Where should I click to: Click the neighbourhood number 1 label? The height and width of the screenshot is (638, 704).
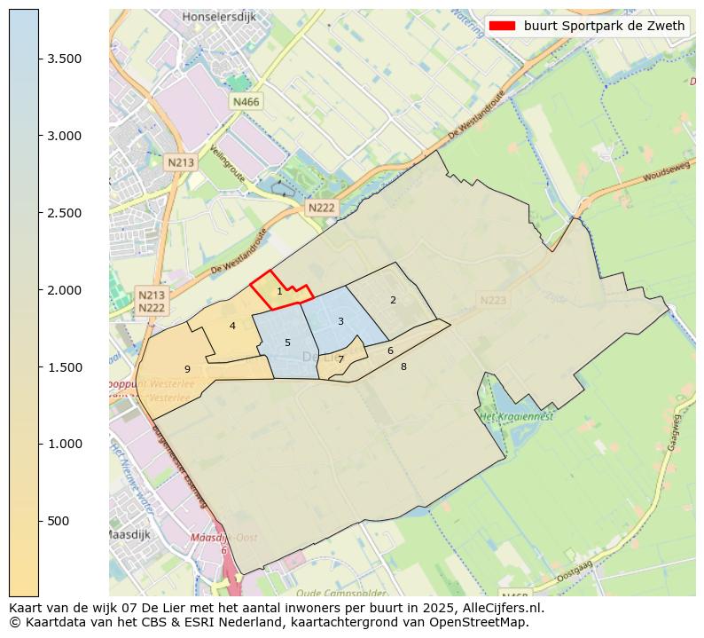click(x=279, y=291)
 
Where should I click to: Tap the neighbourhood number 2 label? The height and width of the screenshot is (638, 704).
click(x=393, y=300)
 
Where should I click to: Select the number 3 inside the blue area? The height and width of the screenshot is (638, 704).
click(x=340, y=321)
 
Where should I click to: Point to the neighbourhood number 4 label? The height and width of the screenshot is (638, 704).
click(x=232, y=326)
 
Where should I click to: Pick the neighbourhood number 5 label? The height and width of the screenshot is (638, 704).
click(x=287, y=343)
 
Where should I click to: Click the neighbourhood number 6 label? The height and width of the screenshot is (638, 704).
click(x=390, y=351)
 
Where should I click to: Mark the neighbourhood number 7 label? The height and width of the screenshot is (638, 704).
click(x=340, y=359)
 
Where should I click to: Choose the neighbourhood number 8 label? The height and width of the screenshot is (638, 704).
click(x=403, y=366)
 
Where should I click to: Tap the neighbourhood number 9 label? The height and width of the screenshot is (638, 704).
click(x=187, y=369)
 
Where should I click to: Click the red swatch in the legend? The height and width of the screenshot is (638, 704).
click(x=502, y=26)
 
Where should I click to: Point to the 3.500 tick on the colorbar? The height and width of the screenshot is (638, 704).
click(x=65, y=59)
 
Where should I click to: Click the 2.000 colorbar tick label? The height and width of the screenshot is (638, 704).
click(x=65, y=290)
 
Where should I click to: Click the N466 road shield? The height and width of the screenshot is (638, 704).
click(x=246, y=102)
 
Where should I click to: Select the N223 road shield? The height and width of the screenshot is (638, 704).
click(x=493, y=301)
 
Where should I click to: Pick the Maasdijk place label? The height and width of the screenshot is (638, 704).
click(x=128, y=535)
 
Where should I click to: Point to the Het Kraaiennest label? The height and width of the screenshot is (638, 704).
click(x=516, y=416)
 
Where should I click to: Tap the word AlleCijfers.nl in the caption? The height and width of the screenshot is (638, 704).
click(x=503, y=608)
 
